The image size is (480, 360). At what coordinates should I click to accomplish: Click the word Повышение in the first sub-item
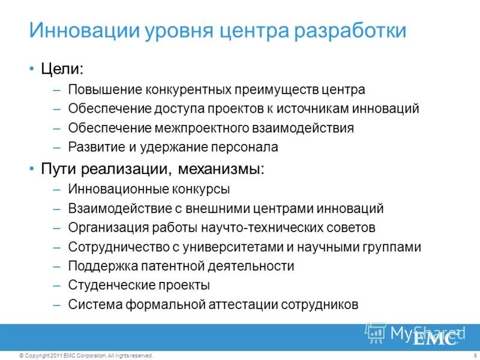[103, 90]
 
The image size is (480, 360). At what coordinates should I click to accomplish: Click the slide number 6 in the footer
[466, 356]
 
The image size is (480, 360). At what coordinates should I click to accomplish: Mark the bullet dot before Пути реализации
[32, 169]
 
